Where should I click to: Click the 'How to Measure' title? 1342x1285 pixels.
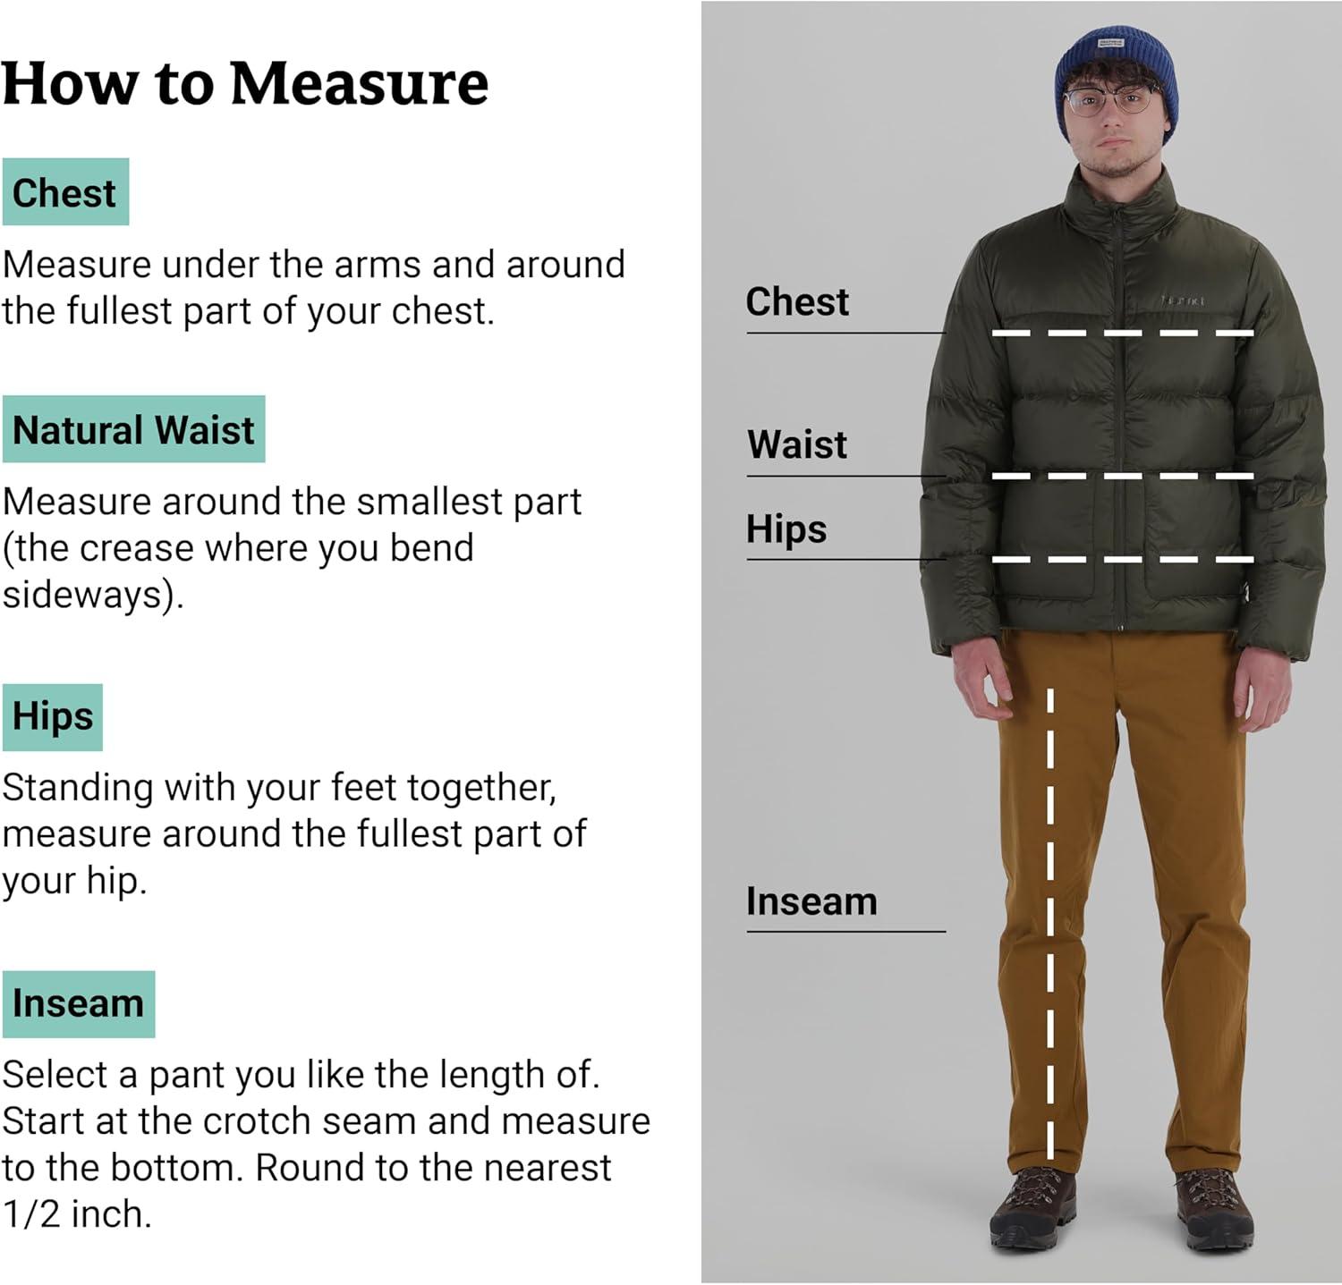coord(245,83)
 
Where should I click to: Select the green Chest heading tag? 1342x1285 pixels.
coord(65,192)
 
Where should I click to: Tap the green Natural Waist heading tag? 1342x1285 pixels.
coord(133,429)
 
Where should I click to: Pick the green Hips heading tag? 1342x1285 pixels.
coord(53,717)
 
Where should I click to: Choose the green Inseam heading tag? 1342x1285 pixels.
coord(79,1004)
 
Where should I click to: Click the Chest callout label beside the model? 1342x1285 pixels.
coord(797,301)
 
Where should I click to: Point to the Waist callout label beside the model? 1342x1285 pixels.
coord(797,444)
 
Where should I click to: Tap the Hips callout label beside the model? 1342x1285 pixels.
coord(786,528)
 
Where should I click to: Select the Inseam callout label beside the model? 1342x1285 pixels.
coord(811,901)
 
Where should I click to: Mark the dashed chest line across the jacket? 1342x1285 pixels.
coord(1123,334)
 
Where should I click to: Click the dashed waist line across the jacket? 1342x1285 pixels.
coord(1123,476)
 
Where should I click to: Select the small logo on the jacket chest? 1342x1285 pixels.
coord(1183,301)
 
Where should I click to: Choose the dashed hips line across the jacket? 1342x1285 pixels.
coord(1123,560)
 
